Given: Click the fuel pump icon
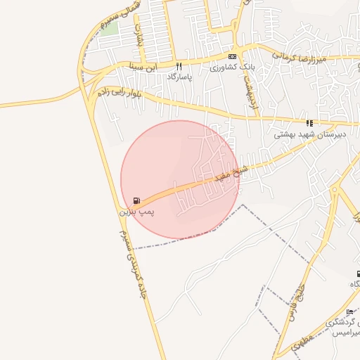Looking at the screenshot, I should click(x=136, y=201).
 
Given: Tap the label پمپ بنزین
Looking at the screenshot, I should click(x=135, y=211).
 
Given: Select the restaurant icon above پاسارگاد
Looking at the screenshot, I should click(x=179, y=66).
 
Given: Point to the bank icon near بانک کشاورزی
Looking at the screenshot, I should click(x=232, y=56).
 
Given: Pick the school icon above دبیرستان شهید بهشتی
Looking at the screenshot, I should click(x=309, y=122).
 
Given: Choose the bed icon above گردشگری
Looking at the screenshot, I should click(x=350, y=311).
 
